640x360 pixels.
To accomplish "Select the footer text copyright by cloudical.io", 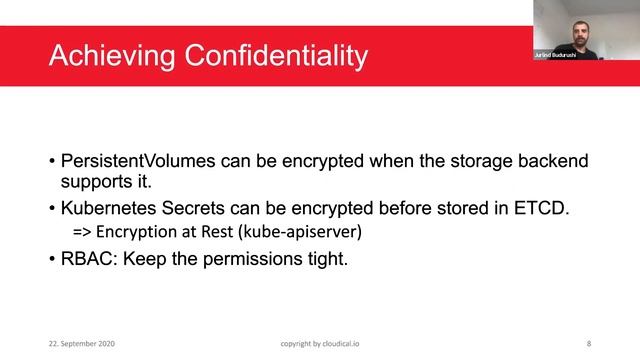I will [320, 343].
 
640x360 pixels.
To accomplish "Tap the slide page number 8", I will [588, 343].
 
